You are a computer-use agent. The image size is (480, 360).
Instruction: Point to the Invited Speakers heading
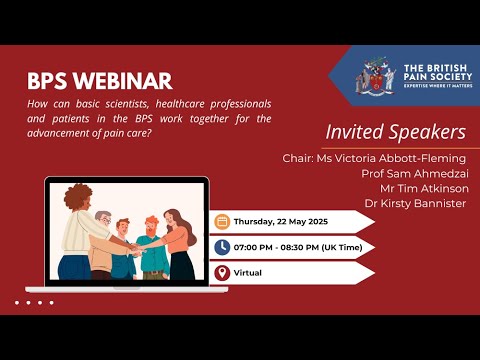pos(395,132)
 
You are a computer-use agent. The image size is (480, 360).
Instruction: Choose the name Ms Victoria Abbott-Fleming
pos(375,158)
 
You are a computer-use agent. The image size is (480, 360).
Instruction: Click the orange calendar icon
pos(222,222)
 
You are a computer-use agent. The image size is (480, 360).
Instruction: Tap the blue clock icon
pos(222,247)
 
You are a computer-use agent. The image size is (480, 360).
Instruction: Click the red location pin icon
pos(222,272)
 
